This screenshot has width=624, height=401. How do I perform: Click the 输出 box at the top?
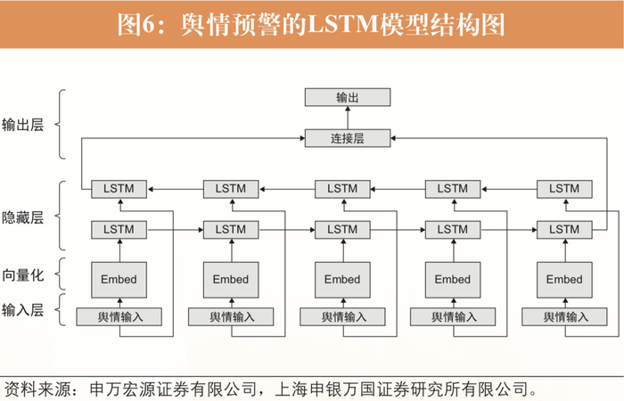347,97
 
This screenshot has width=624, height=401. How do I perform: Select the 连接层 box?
347,138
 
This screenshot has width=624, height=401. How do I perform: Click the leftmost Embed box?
119,279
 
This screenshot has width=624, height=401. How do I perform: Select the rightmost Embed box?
563,279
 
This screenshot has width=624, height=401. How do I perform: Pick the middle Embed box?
341,279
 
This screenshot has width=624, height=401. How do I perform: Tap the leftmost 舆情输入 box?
119,316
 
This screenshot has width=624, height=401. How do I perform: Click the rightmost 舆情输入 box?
563,316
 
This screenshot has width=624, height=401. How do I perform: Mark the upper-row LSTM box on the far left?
119,189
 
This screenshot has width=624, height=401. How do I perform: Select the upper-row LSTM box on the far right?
563,189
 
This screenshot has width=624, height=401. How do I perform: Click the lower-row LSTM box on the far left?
119,229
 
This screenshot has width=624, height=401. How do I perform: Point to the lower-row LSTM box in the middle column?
341,229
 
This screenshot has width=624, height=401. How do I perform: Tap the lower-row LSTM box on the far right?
563,229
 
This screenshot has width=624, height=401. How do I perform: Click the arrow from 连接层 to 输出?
347,118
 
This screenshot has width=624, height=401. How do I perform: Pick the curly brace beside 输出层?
61,124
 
